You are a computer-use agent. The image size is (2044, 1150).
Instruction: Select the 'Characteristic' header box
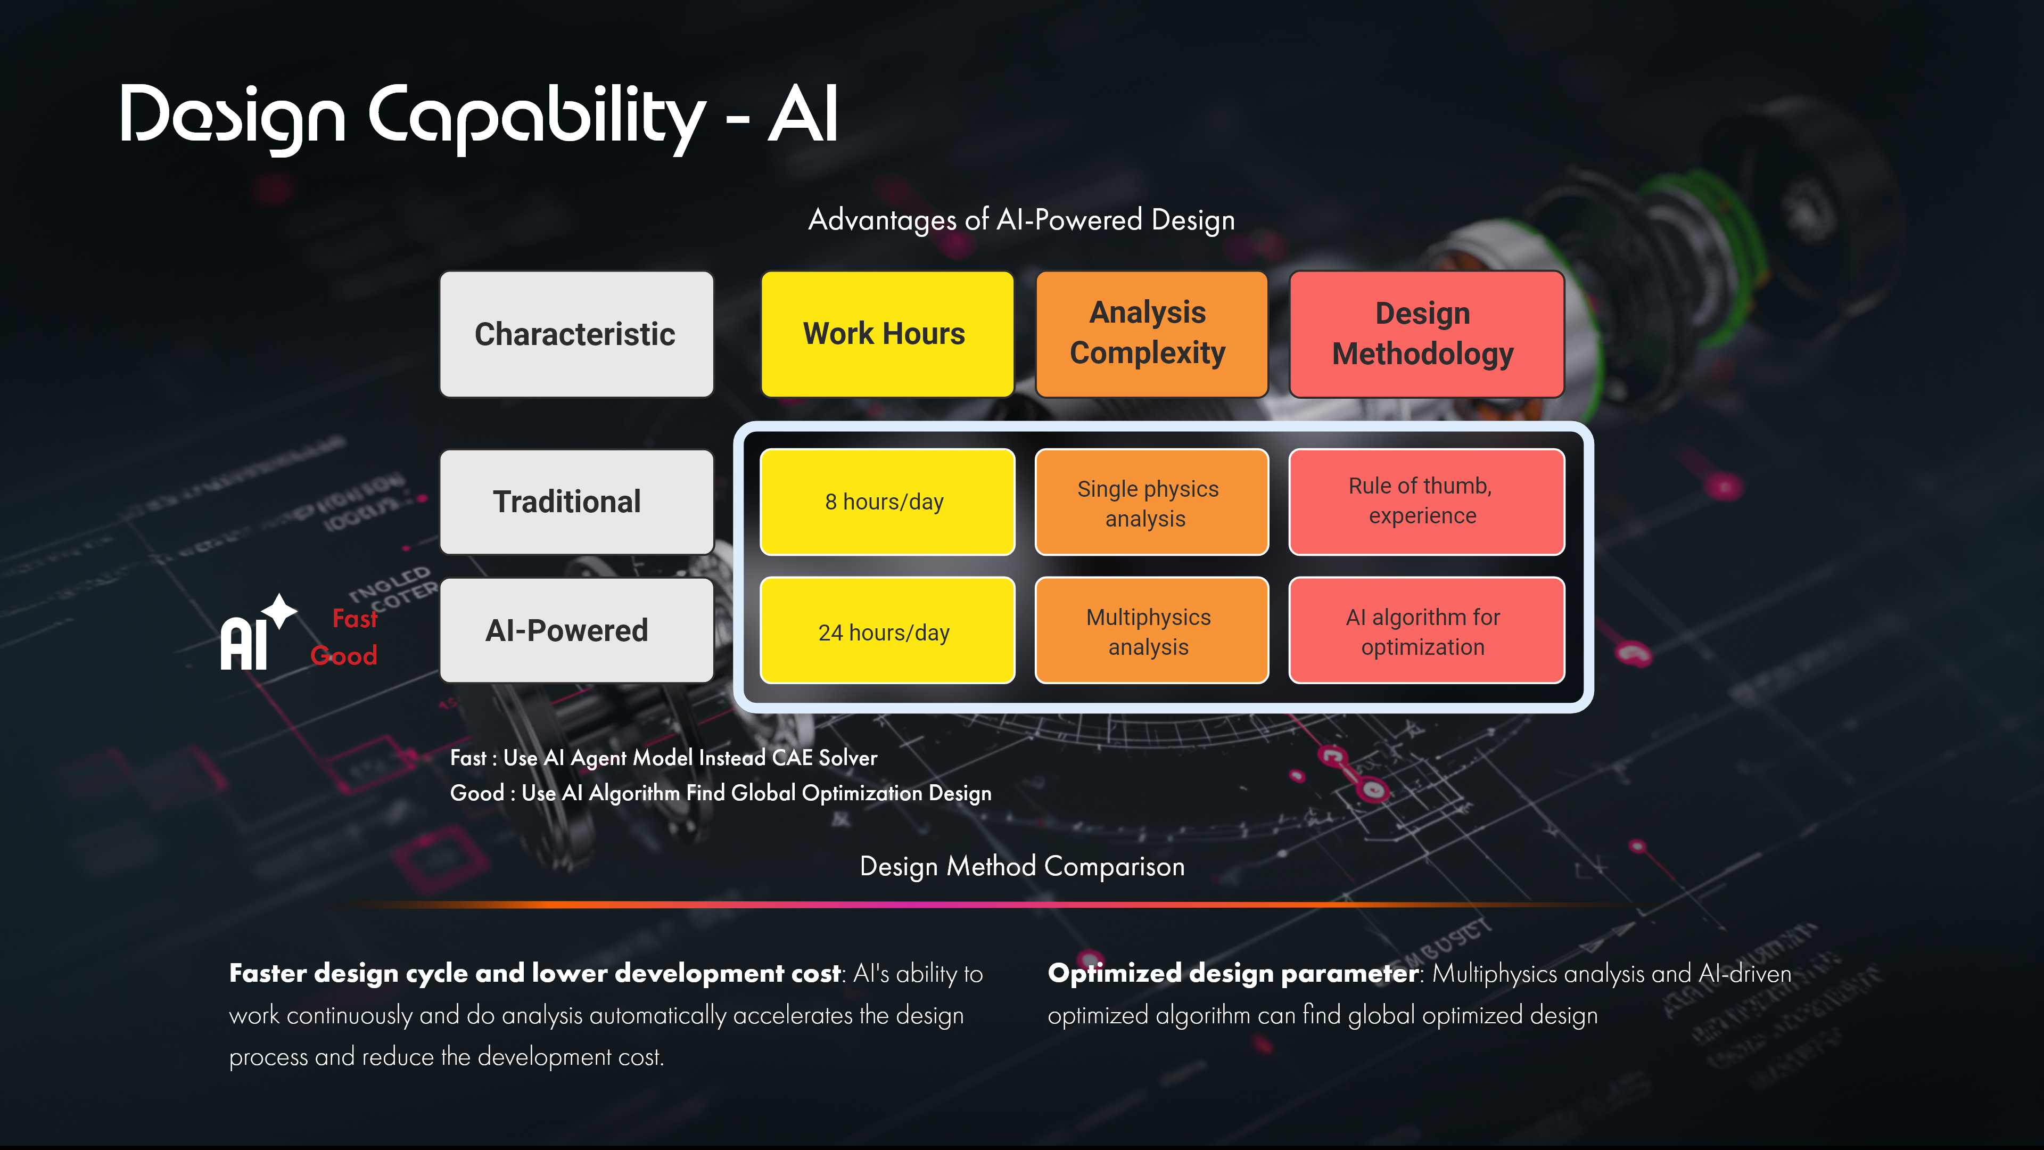coord(576,334)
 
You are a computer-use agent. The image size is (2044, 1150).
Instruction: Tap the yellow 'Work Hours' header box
coord(886,334)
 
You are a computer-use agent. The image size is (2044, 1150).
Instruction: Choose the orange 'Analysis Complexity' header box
coord(1150,334)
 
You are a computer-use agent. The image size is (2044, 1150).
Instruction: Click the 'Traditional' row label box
coord(576,502)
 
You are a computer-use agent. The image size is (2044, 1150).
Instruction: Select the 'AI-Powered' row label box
coord(576,630)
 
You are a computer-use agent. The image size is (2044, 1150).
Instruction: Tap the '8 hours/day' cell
coord(886,502)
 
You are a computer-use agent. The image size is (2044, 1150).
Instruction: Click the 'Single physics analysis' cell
coord(1150,503)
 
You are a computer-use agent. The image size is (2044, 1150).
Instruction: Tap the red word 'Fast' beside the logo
coord(354,618)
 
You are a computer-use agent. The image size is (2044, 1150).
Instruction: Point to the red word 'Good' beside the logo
coord(343,655)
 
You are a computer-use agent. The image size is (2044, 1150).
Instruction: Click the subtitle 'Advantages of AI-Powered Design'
coord(1021,220)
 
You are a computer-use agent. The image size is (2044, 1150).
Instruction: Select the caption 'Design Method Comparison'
coord(1022,866)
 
